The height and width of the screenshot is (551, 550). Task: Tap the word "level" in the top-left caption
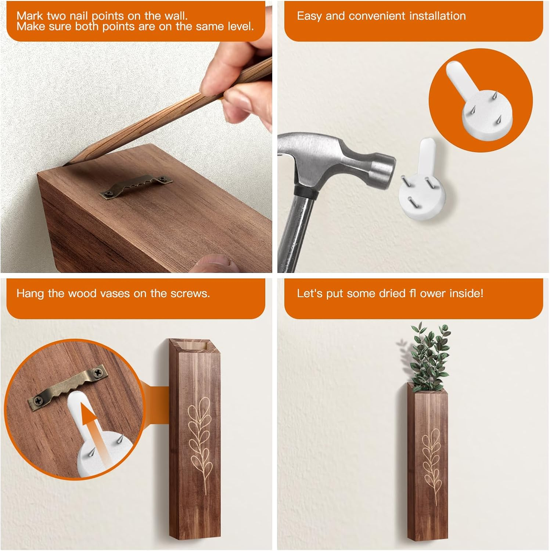click(239, 26)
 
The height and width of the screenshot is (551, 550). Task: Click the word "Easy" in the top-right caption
click(309, 16)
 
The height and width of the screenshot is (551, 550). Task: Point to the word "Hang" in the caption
click(31, 293)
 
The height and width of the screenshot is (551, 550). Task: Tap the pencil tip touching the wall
click(66, 164)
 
